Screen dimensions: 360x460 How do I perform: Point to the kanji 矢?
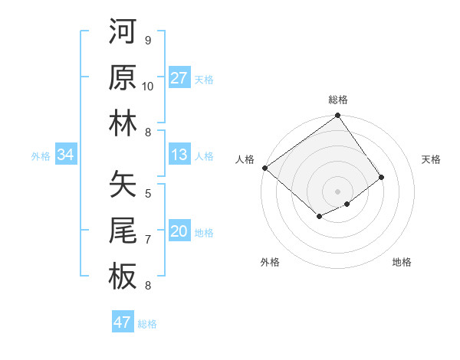click(x=123, y=184)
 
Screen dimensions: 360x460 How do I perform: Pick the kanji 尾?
click(x=123, y=230)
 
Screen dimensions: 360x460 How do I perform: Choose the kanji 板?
click(x=123, y=276)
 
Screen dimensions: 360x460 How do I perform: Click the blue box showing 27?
click(x=179, y=77)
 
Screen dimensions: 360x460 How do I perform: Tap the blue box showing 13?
click(x=179, y=155)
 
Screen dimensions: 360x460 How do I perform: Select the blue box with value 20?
click(x=179, y=231)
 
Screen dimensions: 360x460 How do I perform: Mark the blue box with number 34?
click(x=66, y=155)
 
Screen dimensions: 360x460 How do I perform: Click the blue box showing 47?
click(x=123, y=322)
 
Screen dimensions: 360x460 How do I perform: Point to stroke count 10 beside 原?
click(x=148, y=86)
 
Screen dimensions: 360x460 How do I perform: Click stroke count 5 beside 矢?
click(x=148, y=193)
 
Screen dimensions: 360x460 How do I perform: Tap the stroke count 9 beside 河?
click(x=148, y=40)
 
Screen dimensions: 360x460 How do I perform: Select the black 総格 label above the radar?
click(x=338, y=100)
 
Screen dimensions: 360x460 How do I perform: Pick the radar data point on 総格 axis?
click(x=338, y=117)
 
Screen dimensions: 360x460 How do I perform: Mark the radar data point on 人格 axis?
click(x=264, y=168)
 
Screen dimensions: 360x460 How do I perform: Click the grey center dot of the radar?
click(x=338, y=191)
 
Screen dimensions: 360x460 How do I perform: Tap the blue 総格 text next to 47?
click(x=147, y=323)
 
